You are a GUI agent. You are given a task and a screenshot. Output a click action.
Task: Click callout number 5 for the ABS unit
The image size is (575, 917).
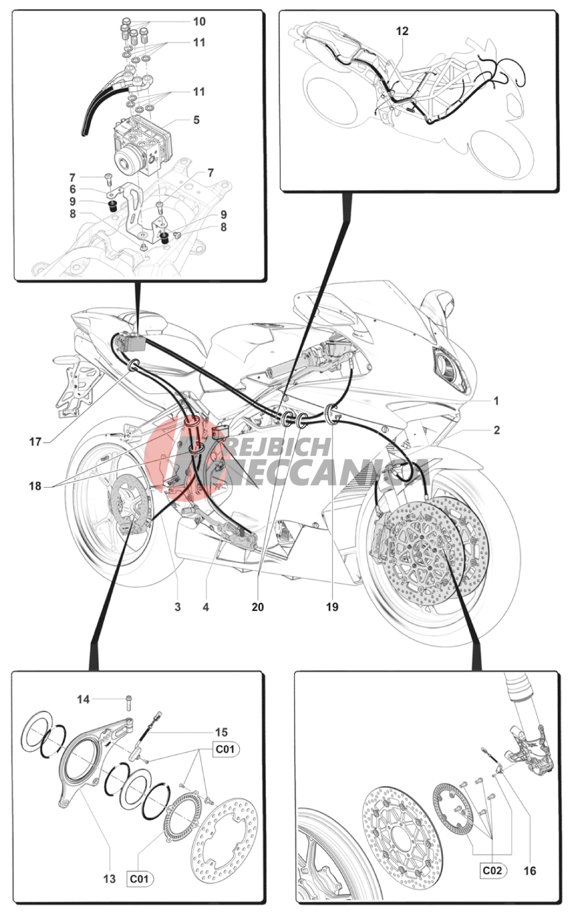pos(196,120)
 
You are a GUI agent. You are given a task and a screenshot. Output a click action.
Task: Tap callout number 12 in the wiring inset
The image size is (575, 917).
pos(402,31)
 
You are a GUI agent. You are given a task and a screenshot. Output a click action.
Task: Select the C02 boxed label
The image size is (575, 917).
pos(492,870)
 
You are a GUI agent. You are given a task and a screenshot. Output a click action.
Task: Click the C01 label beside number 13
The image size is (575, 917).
pos(139,878)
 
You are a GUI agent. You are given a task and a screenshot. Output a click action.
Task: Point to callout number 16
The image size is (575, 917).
pos(530,870)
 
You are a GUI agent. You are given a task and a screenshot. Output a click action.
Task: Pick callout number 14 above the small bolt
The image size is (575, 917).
pos(83,699)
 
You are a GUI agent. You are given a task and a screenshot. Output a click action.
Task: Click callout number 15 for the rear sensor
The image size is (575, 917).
pos(221,732)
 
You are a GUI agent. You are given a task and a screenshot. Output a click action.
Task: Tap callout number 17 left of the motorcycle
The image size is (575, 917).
pos(36,442)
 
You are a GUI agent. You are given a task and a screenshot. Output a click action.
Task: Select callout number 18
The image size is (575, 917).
pos(35,486)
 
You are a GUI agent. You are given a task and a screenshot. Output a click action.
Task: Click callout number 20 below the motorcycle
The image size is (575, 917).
pos(258,607)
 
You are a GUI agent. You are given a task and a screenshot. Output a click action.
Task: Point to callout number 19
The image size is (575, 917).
pos(332,607)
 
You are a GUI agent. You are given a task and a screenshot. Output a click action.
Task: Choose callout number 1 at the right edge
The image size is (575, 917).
pos(496,400)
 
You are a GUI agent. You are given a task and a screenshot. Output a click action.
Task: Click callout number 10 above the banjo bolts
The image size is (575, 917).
pos(199,22)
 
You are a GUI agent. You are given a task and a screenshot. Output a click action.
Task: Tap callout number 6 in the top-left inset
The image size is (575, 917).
pos(73,189)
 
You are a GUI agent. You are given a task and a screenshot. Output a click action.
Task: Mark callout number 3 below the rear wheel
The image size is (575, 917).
pos(177,607)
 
